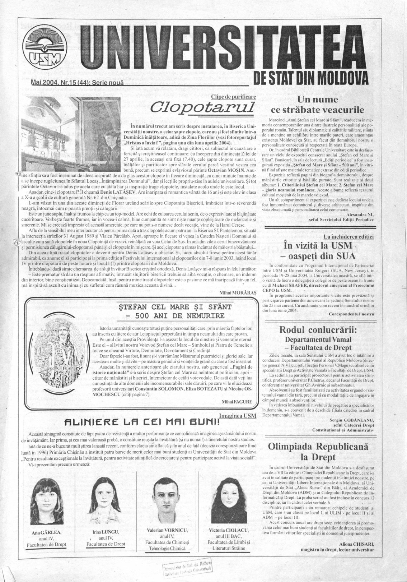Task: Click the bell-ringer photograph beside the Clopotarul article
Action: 71,133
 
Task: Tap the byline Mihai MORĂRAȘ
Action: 238,293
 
